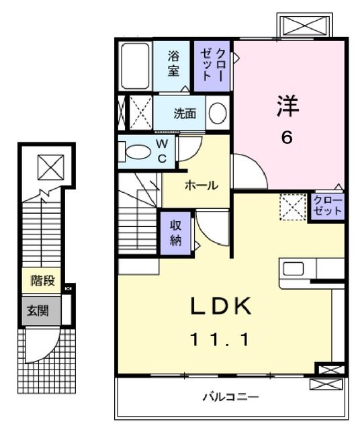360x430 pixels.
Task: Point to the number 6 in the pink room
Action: pyautogui.click(x=287, y=138)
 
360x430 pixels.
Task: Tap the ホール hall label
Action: pyautogui.click(x=200, y=185)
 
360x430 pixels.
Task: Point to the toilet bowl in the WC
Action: pyautogui.click(x=137, y=152)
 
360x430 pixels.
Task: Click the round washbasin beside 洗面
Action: pyautogui.click(x=217, y=114)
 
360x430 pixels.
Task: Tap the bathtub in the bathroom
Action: pyautogui.click(x=137, y=67)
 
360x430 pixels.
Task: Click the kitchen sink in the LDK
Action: pyautogui.click(x=293, y=269)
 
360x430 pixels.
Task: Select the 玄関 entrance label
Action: pyautogui.click(x=38, y=311)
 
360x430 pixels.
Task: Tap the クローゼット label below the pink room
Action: pyautogui.click(x=328, y=206)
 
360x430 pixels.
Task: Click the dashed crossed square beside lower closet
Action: pyautogui.click(x=294, y=206)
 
